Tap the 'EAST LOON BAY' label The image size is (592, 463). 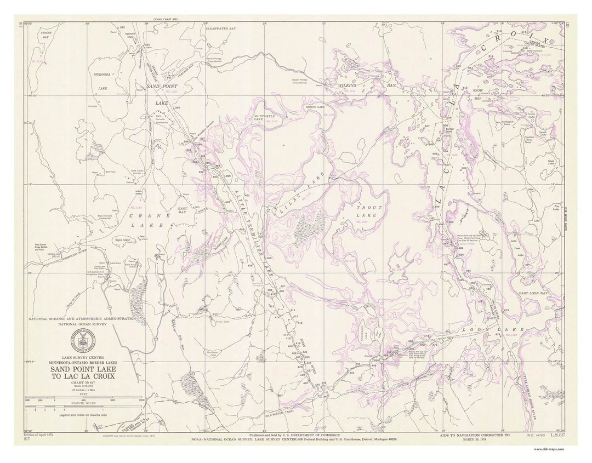[x=533, y=294]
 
